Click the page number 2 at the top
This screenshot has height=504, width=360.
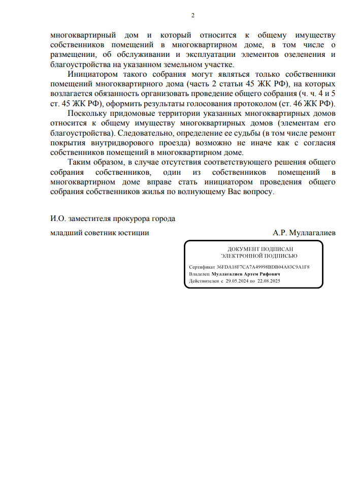tap(193, 15)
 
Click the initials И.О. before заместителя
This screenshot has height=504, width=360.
tap(58, 219)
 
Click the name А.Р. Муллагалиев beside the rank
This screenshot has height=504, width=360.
tap(304, 233)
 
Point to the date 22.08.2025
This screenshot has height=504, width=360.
tap(269, 281)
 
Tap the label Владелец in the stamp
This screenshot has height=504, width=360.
tap(199, 274)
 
